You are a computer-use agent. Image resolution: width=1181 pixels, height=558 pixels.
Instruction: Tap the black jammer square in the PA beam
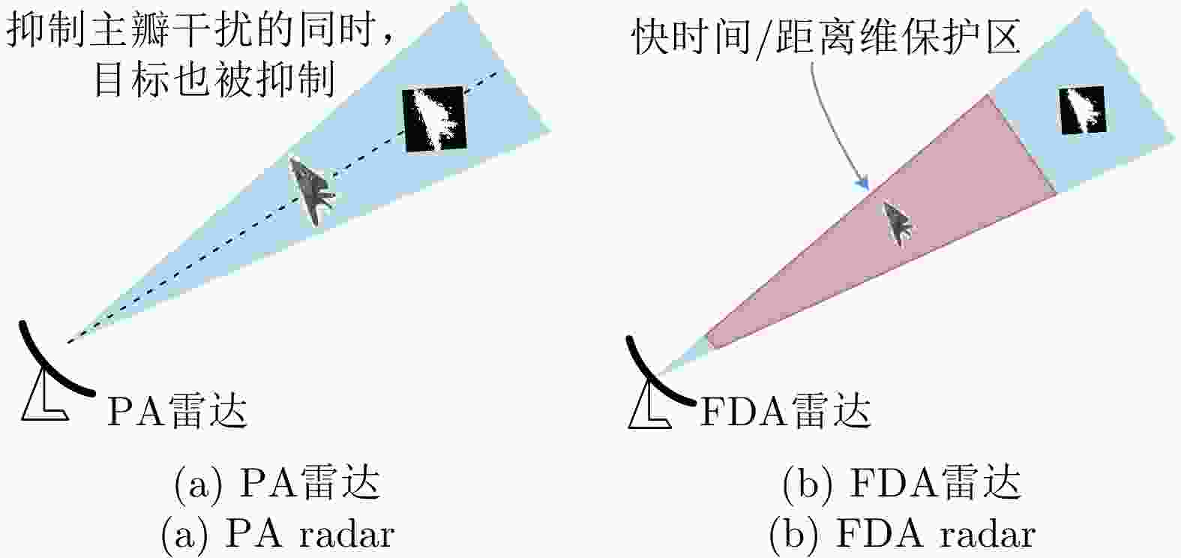point(434,119)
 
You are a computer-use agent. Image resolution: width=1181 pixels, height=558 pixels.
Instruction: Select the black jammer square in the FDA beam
point(1083,109)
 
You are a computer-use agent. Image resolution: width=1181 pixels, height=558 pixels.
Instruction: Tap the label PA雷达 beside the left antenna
point(177,411)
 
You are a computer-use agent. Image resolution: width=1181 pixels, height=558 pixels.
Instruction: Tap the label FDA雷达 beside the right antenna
point(784,411)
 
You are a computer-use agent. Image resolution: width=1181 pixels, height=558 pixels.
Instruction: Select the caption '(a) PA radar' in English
point(278,535)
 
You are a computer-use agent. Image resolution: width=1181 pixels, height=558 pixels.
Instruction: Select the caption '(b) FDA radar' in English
point(902,535)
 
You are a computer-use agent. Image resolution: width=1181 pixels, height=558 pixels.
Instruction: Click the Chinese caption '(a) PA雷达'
point(278,482)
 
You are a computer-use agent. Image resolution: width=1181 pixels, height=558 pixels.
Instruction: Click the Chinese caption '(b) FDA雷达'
point(902,482)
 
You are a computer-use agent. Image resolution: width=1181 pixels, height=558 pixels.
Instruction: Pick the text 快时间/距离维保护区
point(826,37)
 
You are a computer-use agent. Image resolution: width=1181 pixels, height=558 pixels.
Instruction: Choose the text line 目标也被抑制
point(215,81)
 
